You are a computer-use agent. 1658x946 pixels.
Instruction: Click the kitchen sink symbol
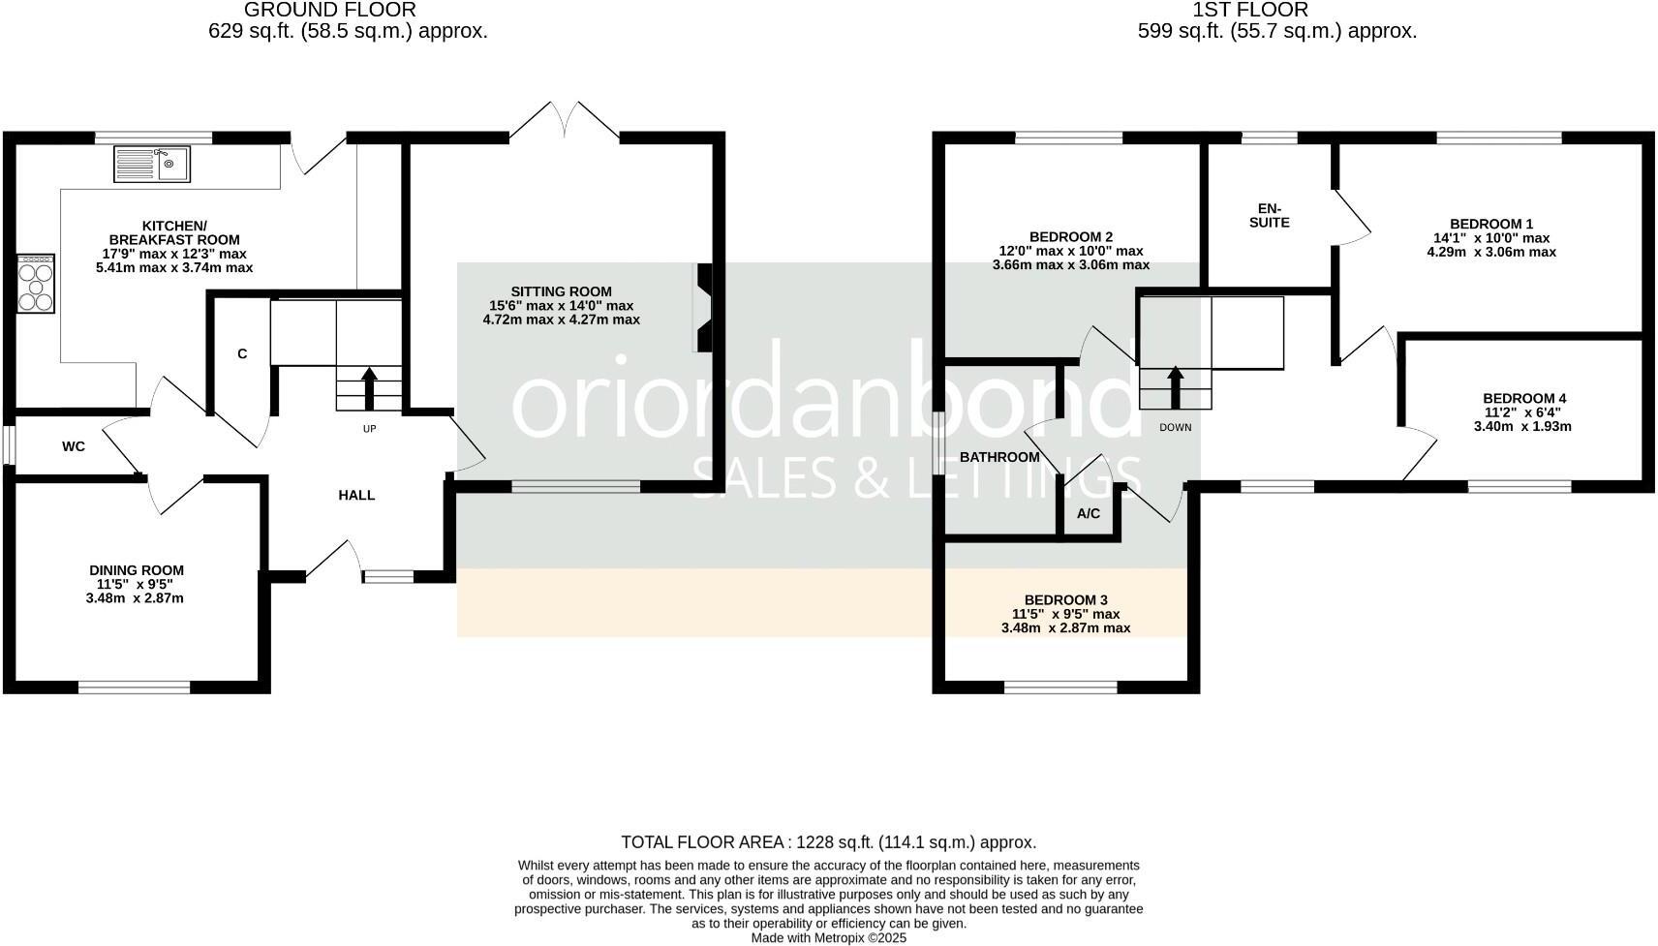(153, 164)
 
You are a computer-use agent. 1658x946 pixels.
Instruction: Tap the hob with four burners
(36, 283)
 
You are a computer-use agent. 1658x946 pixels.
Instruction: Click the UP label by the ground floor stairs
(369, 429)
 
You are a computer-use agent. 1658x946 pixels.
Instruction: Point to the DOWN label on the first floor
(1175, 427)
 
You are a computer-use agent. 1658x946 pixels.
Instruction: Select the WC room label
(74, 446)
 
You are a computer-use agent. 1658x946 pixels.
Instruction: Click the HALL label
(356, 495)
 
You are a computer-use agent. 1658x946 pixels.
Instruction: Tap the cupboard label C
(242, 354)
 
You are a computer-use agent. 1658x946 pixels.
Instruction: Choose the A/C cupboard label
(1089, 513)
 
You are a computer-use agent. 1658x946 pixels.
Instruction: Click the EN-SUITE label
(1270, 215)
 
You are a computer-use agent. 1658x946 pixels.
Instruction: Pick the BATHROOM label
(999, 457)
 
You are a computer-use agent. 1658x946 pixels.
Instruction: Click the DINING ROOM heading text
(136, 570)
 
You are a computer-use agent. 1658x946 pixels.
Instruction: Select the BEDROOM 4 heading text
(1523, 398)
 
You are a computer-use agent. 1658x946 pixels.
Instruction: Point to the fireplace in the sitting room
(703, 308)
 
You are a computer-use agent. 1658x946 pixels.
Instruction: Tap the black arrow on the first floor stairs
(1176, 388)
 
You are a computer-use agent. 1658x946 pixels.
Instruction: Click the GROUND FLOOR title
(330, 10)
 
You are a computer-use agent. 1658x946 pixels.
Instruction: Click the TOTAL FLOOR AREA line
(828, 842)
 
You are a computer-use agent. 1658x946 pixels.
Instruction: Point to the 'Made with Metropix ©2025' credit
(828, 937)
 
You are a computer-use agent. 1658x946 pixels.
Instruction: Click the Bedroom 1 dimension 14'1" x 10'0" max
(1491, 238)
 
